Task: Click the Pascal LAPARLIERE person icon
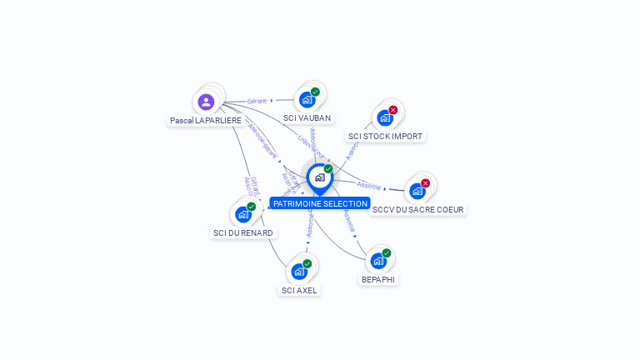tap(206, 102)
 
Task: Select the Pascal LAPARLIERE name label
tap(206, 121)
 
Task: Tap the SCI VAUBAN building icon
tap(307, 100)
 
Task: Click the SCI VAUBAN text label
tap(307, 118)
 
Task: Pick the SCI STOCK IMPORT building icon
tap(385, 117)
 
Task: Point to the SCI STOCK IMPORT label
tap(385, 136)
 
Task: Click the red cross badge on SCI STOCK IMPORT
tap(393, 110)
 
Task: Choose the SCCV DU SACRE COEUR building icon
tap(417, 190)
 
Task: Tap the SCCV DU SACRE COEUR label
tap(418, 209)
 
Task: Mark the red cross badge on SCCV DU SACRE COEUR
tap(426, 182)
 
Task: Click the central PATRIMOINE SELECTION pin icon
tap(319, 177)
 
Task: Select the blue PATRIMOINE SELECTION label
tap(319, 203)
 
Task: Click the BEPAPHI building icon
tap(378, 260)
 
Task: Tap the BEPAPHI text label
tap(378, 279)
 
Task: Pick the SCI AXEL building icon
tap(299, 271)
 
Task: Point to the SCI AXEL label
tap(300, 290)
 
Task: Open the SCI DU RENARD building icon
tap(243, 213)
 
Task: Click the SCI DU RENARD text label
tap(243, 232)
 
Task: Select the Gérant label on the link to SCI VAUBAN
tap(257, 101)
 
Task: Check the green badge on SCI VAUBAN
tap(315, 92)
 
